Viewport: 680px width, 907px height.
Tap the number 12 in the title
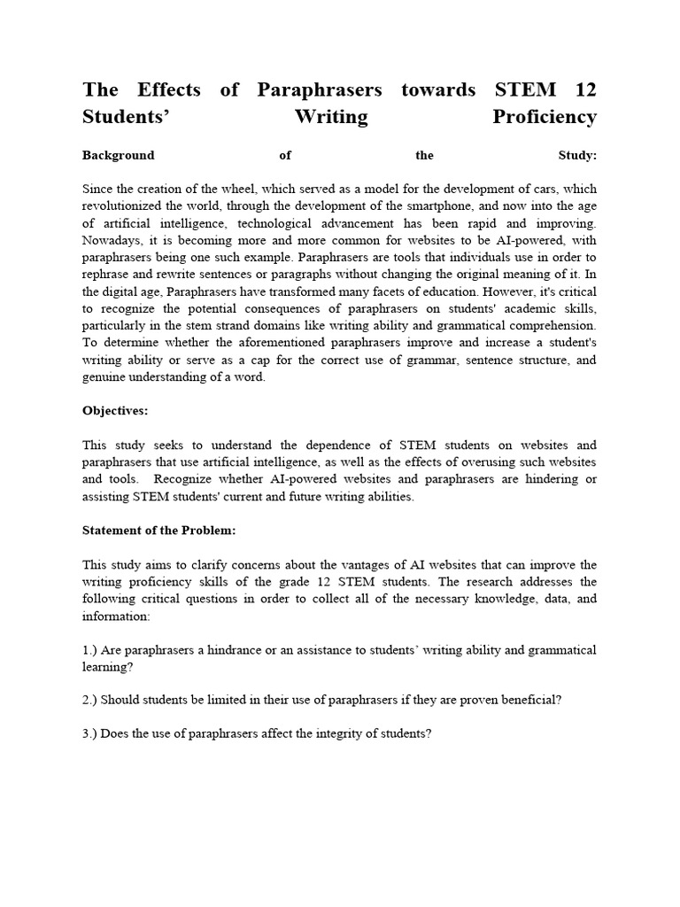(584, 89)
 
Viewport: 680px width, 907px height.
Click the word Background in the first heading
(118, 155)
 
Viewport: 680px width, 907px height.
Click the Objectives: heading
(116, 413)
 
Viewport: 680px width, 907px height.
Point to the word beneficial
(527, 700)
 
